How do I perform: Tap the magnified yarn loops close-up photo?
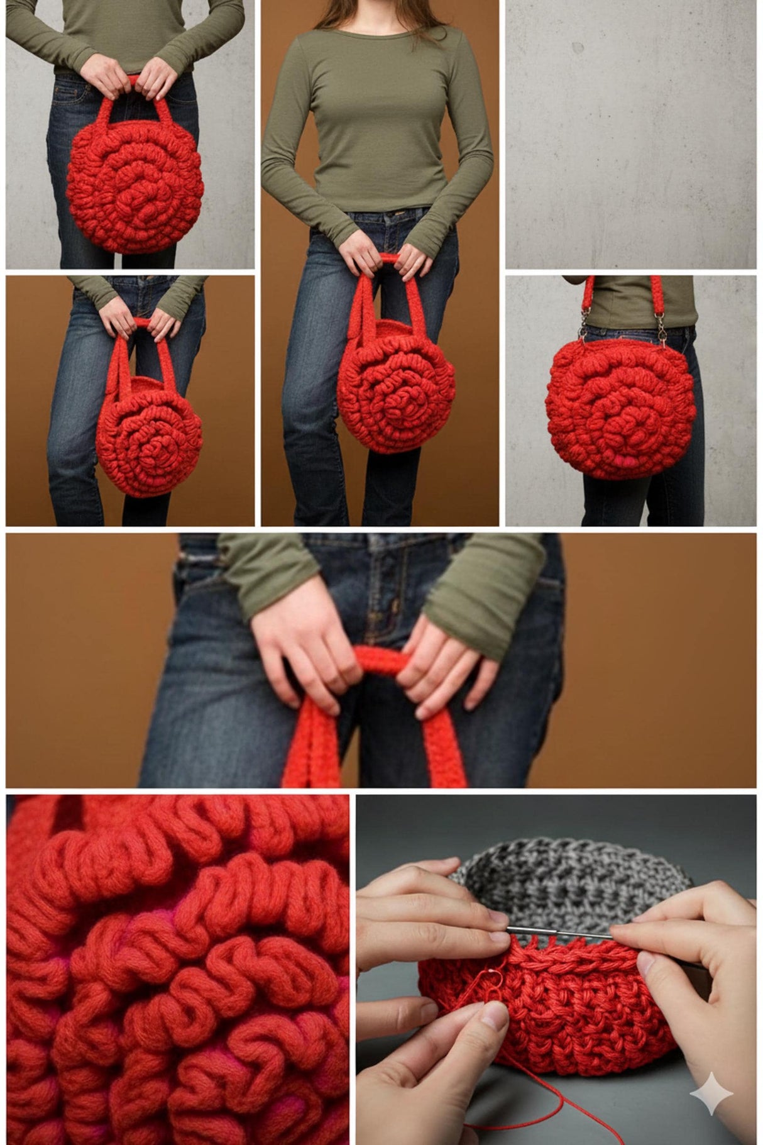pos(178,968)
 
